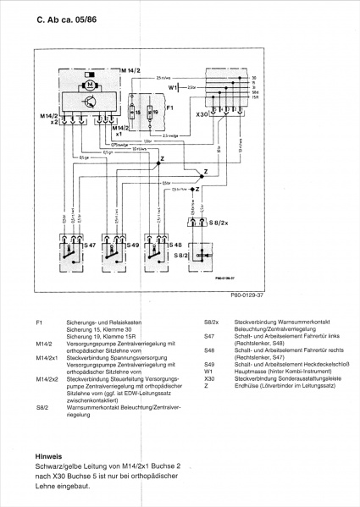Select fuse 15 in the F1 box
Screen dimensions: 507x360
pos(137,112)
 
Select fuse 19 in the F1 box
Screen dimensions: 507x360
pos(154,112)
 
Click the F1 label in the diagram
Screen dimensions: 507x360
pos(169,108)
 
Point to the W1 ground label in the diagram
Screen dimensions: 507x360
pos(173,87)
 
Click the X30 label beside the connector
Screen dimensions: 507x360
pos(201,113)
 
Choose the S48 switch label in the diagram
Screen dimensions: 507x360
pos(175,244)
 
